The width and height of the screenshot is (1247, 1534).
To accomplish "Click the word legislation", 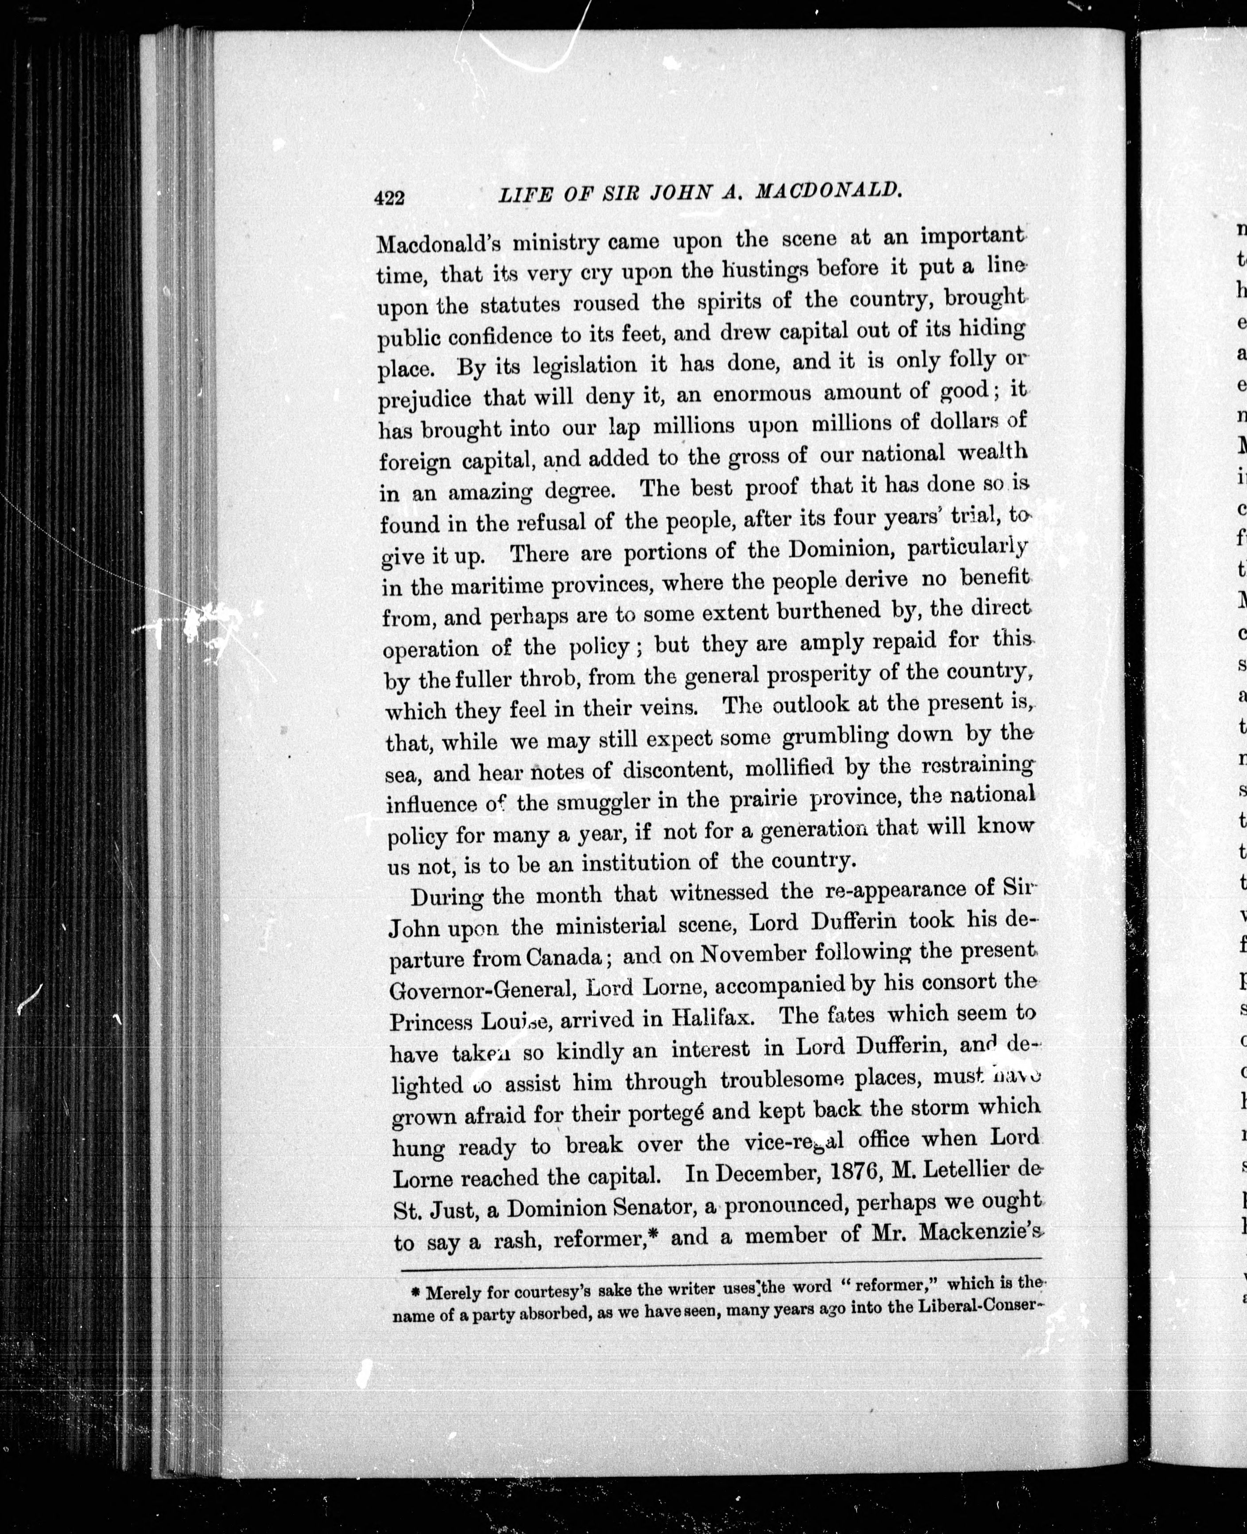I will click(584, 365).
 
